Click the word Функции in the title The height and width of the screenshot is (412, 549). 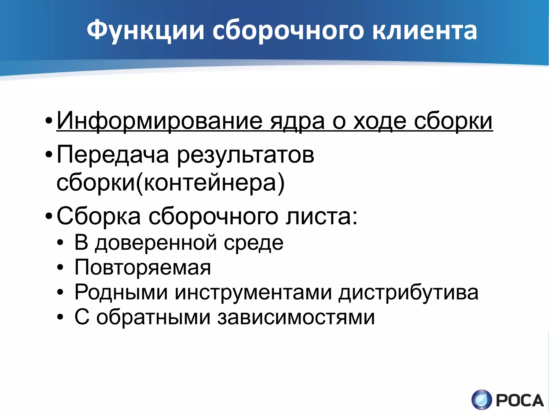click(145, 30)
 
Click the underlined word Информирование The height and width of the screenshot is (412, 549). click(159, 121)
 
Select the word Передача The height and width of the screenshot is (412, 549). click(113, 155)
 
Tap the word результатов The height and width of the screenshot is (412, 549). click(246, 155)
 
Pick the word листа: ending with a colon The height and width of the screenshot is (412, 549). click(322, 216)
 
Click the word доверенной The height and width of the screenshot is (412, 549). click(156, 243)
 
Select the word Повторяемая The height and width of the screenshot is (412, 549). click(143, 267)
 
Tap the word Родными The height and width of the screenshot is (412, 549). click(121, 292)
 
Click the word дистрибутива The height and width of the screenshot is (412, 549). click(408, 292)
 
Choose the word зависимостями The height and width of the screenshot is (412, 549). click(296, 317)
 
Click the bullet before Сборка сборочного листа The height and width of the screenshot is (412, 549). click(49, 216)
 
